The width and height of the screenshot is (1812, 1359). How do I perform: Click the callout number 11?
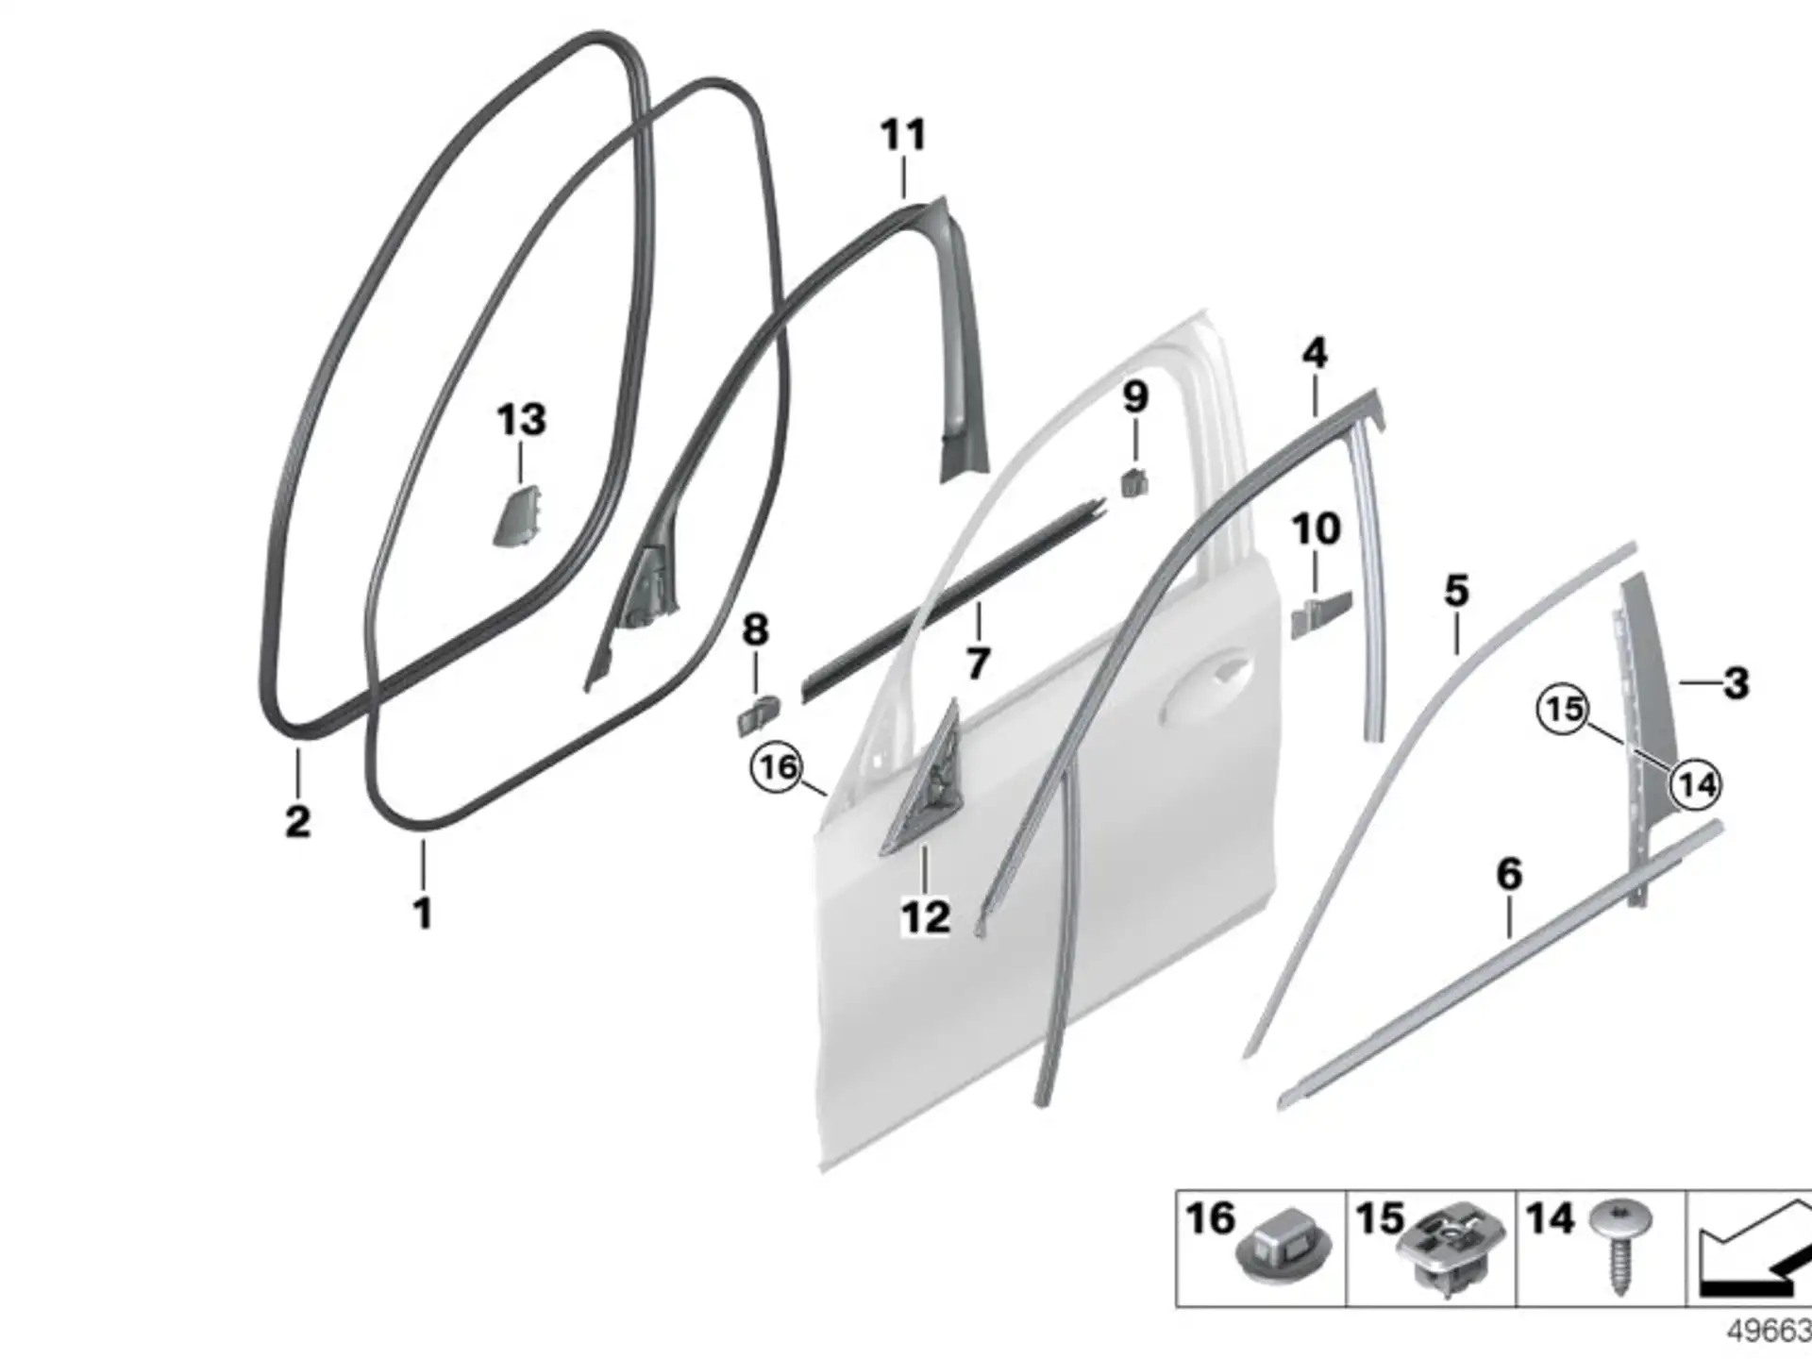903,135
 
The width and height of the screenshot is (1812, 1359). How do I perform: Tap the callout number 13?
521,419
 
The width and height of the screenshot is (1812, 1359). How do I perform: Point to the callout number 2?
297,820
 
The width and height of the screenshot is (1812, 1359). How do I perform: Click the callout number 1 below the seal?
423,913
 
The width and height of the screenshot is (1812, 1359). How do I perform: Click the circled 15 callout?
1564,709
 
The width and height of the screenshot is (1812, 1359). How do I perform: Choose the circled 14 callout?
1696,784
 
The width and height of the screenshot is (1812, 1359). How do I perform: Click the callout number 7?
978,663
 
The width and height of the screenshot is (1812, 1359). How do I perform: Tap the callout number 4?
1314,353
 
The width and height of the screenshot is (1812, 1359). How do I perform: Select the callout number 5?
1456,592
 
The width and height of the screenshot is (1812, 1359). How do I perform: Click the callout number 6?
1509,874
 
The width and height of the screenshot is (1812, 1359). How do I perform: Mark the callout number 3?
1736,683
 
